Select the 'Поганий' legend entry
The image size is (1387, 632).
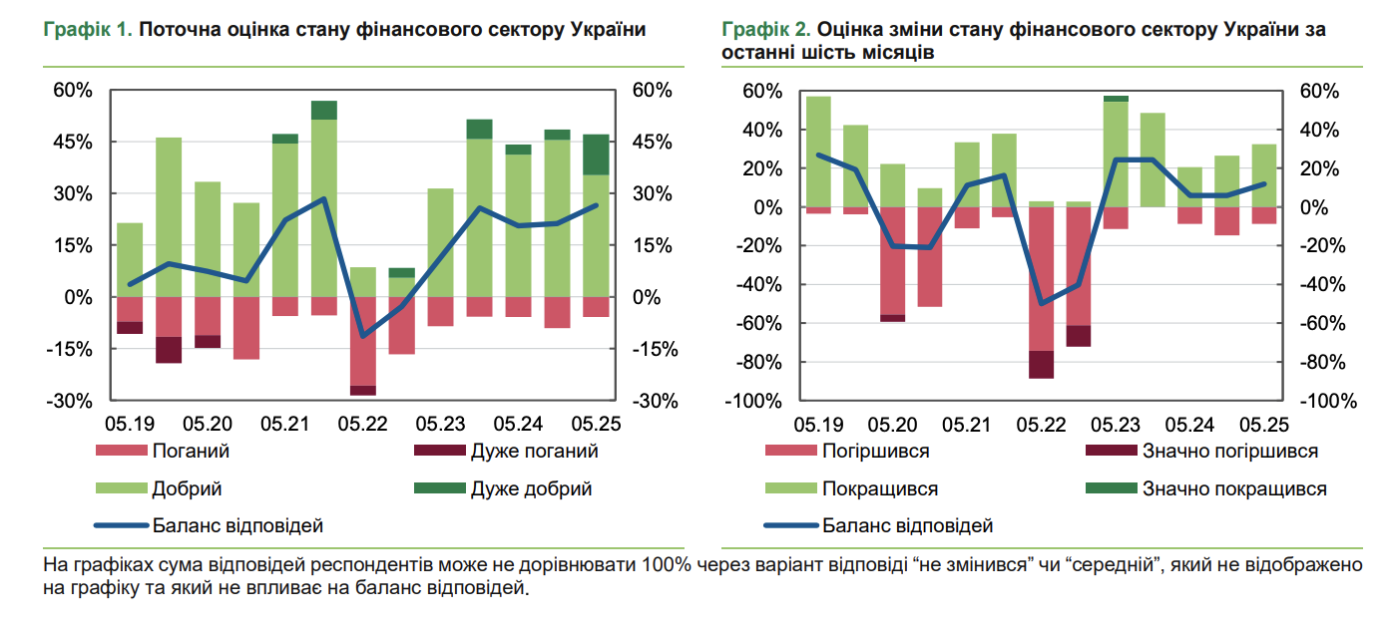click(x=191, y=451)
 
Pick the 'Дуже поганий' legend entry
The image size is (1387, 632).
click(x=534, y=451)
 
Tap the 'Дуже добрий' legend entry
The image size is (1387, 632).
click(x=531, y=488)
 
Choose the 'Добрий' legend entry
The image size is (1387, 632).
click(x=187, y=488)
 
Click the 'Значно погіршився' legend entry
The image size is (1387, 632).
click(x=1229, y=451)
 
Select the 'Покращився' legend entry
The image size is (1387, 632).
click(x=880, y=488)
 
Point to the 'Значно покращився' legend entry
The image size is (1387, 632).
click(x=1234, y=488)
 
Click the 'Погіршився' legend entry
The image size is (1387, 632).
click(x=876, y=451)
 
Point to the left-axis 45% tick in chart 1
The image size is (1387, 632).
click(x=73, y=142)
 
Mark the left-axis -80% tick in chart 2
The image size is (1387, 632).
click(x=756, y=362)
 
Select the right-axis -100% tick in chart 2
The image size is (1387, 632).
click(x=1329, y=401)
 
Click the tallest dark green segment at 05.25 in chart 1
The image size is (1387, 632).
click(x=597, y=155)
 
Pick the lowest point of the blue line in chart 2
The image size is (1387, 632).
click(x=1042, y=303)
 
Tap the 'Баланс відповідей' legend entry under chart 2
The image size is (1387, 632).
click(x=908, y=525)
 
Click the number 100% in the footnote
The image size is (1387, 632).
click(x=666, y=566)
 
